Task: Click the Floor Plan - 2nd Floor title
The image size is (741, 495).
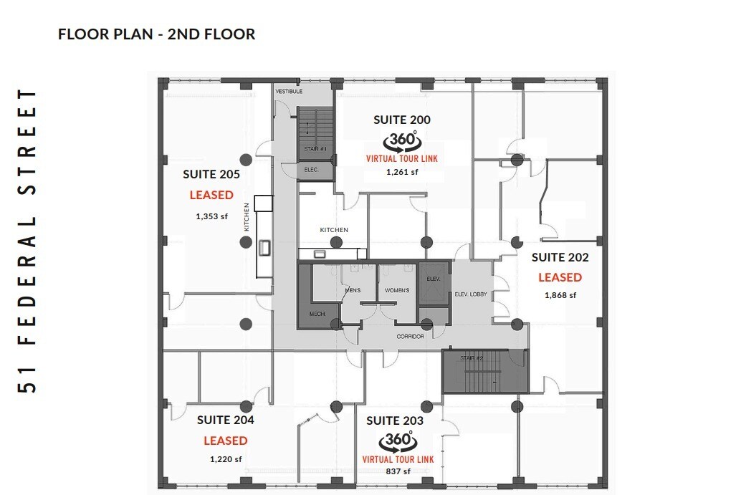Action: pyautogui.click(x=156, y=34)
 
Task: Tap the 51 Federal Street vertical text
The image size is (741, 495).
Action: pyautogui.click(x=29, y=241)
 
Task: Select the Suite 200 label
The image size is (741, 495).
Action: pyautogui.click(x=402, y=120)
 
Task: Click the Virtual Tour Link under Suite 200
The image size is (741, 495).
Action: pyautogui.click(x=401, y=158)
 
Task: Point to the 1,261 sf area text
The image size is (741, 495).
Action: pyautogui.click(x=401, y=172)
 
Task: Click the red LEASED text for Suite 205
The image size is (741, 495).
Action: pyautogui.click(x=211, y=195)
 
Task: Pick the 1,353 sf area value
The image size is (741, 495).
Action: pyautogui.click(x=211, y=216)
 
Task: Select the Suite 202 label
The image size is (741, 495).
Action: pyautogui.click(x=560, y=257)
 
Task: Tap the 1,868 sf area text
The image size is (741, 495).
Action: pyautogui.click(x=560, y=294)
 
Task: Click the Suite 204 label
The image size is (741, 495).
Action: pyautogui.click(x=225, y=420)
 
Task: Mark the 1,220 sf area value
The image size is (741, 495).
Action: pyautogui.click(x=225, y=458)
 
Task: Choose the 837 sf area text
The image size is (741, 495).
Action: pyautogui.click(x=397, y=471)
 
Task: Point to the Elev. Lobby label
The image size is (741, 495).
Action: pyautogui.click(x=471, y=294)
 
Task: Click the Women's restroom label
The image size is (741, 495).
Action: pyautogui.click(x=397, y=290)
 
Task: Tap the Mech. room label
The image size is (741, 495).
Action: pyautogui.click(x=317, y=314)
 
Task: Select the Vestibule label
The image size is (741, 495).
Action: pyautogui.click(x=289, y=92)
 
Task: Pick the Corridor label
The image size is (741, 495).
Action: pyautogui.click(x=410, y=336)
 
